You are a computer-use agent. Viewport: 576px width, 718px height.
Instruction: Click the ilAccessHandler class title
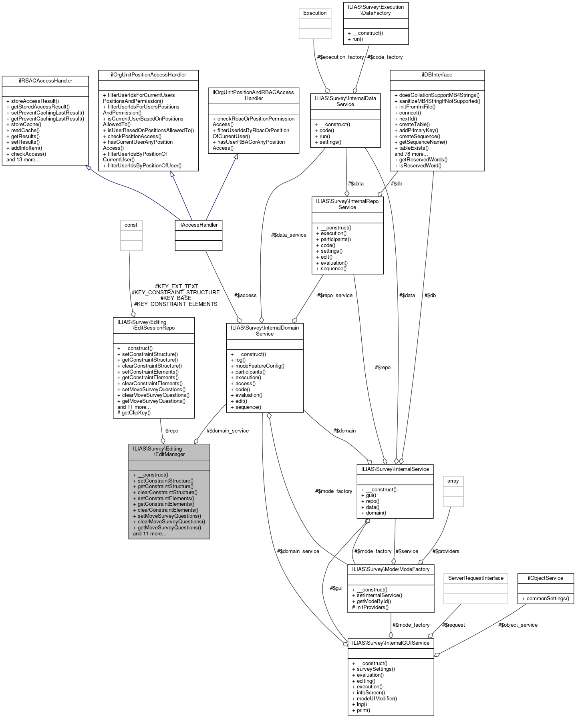(x=198, y=225)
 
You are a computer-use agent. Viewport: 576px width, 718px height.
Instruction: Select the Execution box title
(x=315, y=13)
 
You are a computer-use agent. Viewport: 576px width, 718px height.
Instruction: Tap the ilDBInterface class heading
(x=437, y=75)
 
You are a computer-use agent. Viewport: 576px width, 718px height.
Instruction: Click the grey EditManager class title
(x=169, y=452)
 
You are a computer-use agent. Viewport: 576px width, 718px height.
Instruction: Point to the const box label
(x=131, y=225)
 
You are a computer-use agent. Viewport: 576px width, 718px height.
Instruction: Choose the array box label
(x=453, y=481)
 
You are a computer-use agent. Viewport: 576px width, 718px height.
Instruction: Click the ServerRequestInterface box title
(x=475, y=578)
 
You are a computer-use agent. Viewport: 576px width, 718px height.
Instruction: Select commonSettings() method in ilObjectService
(x=545, y=599)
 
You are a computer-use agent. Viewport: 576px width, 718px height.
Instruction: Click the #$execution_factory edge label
(x=340, y=57)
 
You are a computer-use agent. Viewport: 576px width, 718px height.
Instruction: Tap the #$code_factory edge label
(x=385, y=57)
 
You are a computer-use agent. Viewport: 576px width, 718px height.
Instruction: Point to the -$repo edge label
(x=171, y=431)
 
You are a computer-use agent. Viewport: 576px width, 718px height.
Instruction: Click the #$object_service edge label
(x=518, y=625)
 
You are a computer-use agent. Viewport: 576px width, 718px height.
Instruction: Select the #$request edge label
(x=453, y=625)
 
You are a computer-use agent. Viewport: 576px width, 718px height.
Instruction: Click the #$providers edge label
(x=446, y=551)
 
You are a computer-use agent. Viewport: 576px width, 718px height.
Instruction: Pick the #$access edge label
(x=245, y=296)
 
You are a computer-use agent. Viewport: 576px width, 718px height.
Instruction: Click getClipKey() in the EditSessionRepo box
(x=136, y=413)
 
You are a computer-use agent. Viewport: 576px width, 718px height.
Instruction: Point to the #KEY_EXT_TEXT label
(x=177, y=287)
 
